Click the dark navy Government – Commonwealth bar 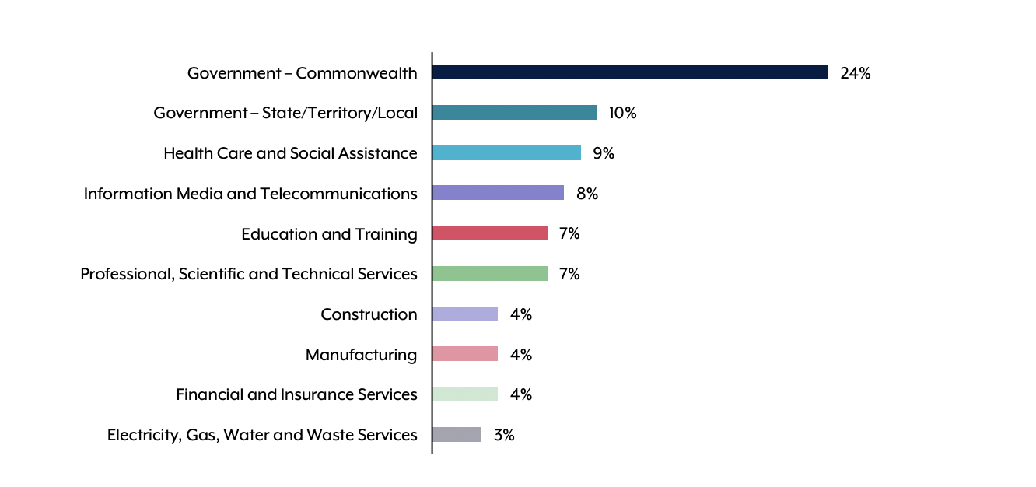(630, 72)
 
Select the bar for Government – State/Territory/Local (515, 113)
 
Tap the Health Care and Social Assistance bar (506, 153)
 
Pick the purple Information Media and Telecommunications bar (498, 193)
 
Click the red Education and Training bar (490, 233)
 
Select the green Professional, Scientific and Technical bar (490, 274)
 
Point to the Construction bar (465, 314)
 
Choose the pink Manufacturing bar (465, 354)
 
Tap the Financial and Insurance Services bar (465, 394)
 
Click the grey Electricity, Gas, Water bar (457, 435)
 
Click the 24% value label (855, 73)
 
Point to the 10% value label (622, 114)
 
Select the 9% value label (604, 153)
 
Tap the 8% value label (587, 194)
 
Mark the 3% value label (504, 435)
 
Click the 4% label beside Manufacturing (521, 355)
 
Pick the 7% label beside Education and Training (569, 234)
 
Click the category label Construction (369, 314)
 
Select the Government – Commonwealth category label (302, 73)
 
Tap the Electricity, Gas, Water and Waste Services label (262, 435)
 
